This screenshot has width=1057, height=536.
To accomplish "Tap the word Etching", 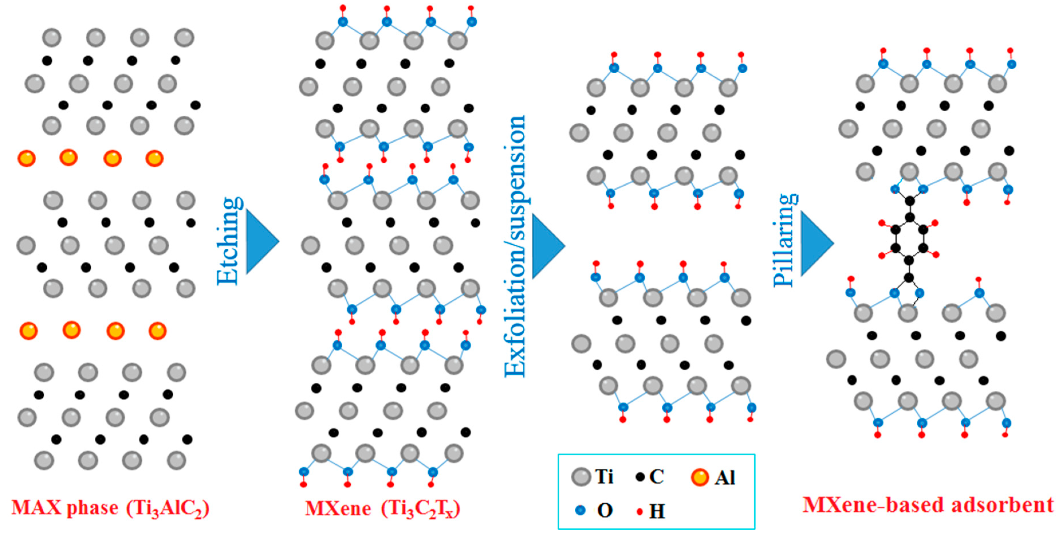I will point(228,241).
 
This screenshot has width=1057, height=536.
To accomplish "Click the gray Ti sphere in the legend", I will point(581,477).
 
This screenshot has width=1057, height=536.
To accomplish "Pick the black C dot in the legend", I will point(639,477).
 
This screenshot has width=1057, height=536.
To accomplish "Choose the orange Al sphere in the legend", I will point(700,477).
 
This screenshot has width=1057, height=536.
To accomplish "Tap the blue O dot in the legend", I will point(580,510).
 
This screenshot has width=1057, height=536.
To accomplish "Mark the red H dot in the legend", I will point(639,512).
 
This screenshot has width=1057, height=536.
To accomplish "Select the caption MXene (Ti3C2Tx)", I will point(382,509).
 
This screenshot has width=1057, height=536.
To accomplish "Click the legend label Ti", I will point(604,477).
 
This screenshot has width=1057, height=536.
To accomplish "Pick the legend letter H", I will point(657,511).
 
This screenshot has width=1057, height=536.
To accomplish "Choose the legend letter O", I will point(605,511).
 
